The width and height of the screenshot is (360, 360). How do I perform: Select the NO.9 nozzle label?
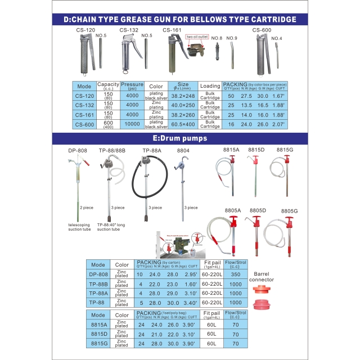pyautogui.click(x=232, y=38)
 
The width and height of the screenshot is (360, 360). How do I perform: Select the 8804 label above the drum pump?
pyautogui.click(x=184, y=151)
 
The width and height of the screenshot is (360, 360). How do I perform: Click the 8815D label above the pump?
pyautogui.click(x=256, y=150)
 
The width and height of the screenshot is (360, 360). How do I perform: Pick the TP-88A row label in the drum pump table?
pyautogui.click(x=98, y=293)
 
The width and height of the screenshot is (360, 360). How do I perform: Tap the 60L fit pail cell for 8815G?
pyautogui.click(x=211, y=343)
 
